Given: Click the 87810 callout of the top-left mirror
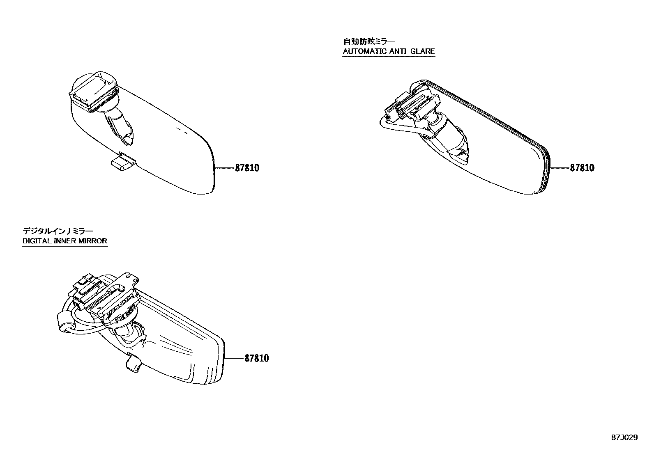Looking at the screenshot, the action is (x=247, y=168).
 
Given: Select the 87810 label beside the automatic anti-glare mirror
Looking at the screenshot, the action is (x=582, y=168).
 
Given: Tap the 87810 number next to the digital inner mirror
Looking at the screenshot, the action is (x=257, y=358).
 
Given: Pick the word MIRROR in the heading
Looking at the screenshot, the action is (x=94, y=241).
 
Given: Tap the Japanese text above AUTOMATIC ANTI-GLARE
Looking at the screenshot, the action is (x=368, y=41).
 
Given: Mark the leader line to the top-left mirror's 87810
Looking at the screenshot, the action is (x=224, y=168).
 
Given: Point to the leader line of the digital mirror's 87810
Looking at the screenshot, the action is (x=234, y=358).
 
